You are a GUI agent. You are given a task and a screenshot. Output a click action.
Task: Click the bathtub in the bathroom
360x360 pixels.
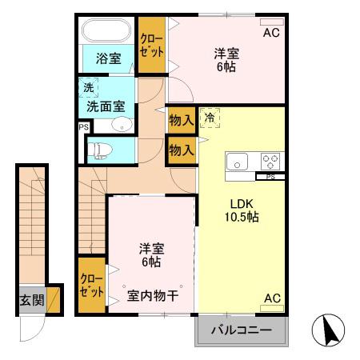[106, 31]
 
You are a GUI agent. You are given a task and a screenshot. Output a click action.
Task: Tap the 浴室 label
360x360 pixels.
[107, 58]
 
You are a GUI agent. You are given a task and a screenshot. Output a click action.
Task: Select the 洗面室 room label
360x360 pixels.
[106, 106]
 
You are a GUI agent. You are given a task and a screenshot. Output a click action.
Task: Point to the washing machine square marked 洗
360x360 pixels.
[85, 87]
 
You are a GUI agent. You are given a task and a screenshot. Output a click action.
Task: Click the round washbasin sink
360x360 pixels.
[121, 124]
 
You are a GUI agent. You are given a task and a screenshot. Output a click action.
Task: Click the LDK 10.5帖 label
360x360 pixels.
[240, 210]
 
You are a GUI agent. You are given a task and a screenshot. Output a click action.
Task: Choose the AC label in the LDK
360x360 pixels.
[272, 298]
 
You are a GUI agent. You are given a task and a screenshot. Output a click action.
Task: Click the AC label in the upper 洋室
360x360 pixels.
[271, 33]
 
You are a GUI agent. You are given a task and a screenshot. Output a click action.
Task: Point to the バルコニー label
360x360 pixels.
[241, 330]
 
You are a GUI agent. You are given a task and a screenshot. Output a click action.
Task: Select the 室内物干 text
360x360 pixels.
[153, 295]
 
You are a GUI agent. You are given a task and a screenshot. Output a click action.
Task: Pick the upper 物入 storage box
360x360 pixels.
[182, 121]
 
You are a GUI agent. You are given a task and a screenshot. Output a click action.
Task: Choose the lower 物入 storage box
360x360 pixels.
[182, 150]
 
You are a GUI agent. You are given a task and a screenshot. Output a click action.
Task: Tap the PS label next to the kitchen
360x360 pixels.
[270, 176]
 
